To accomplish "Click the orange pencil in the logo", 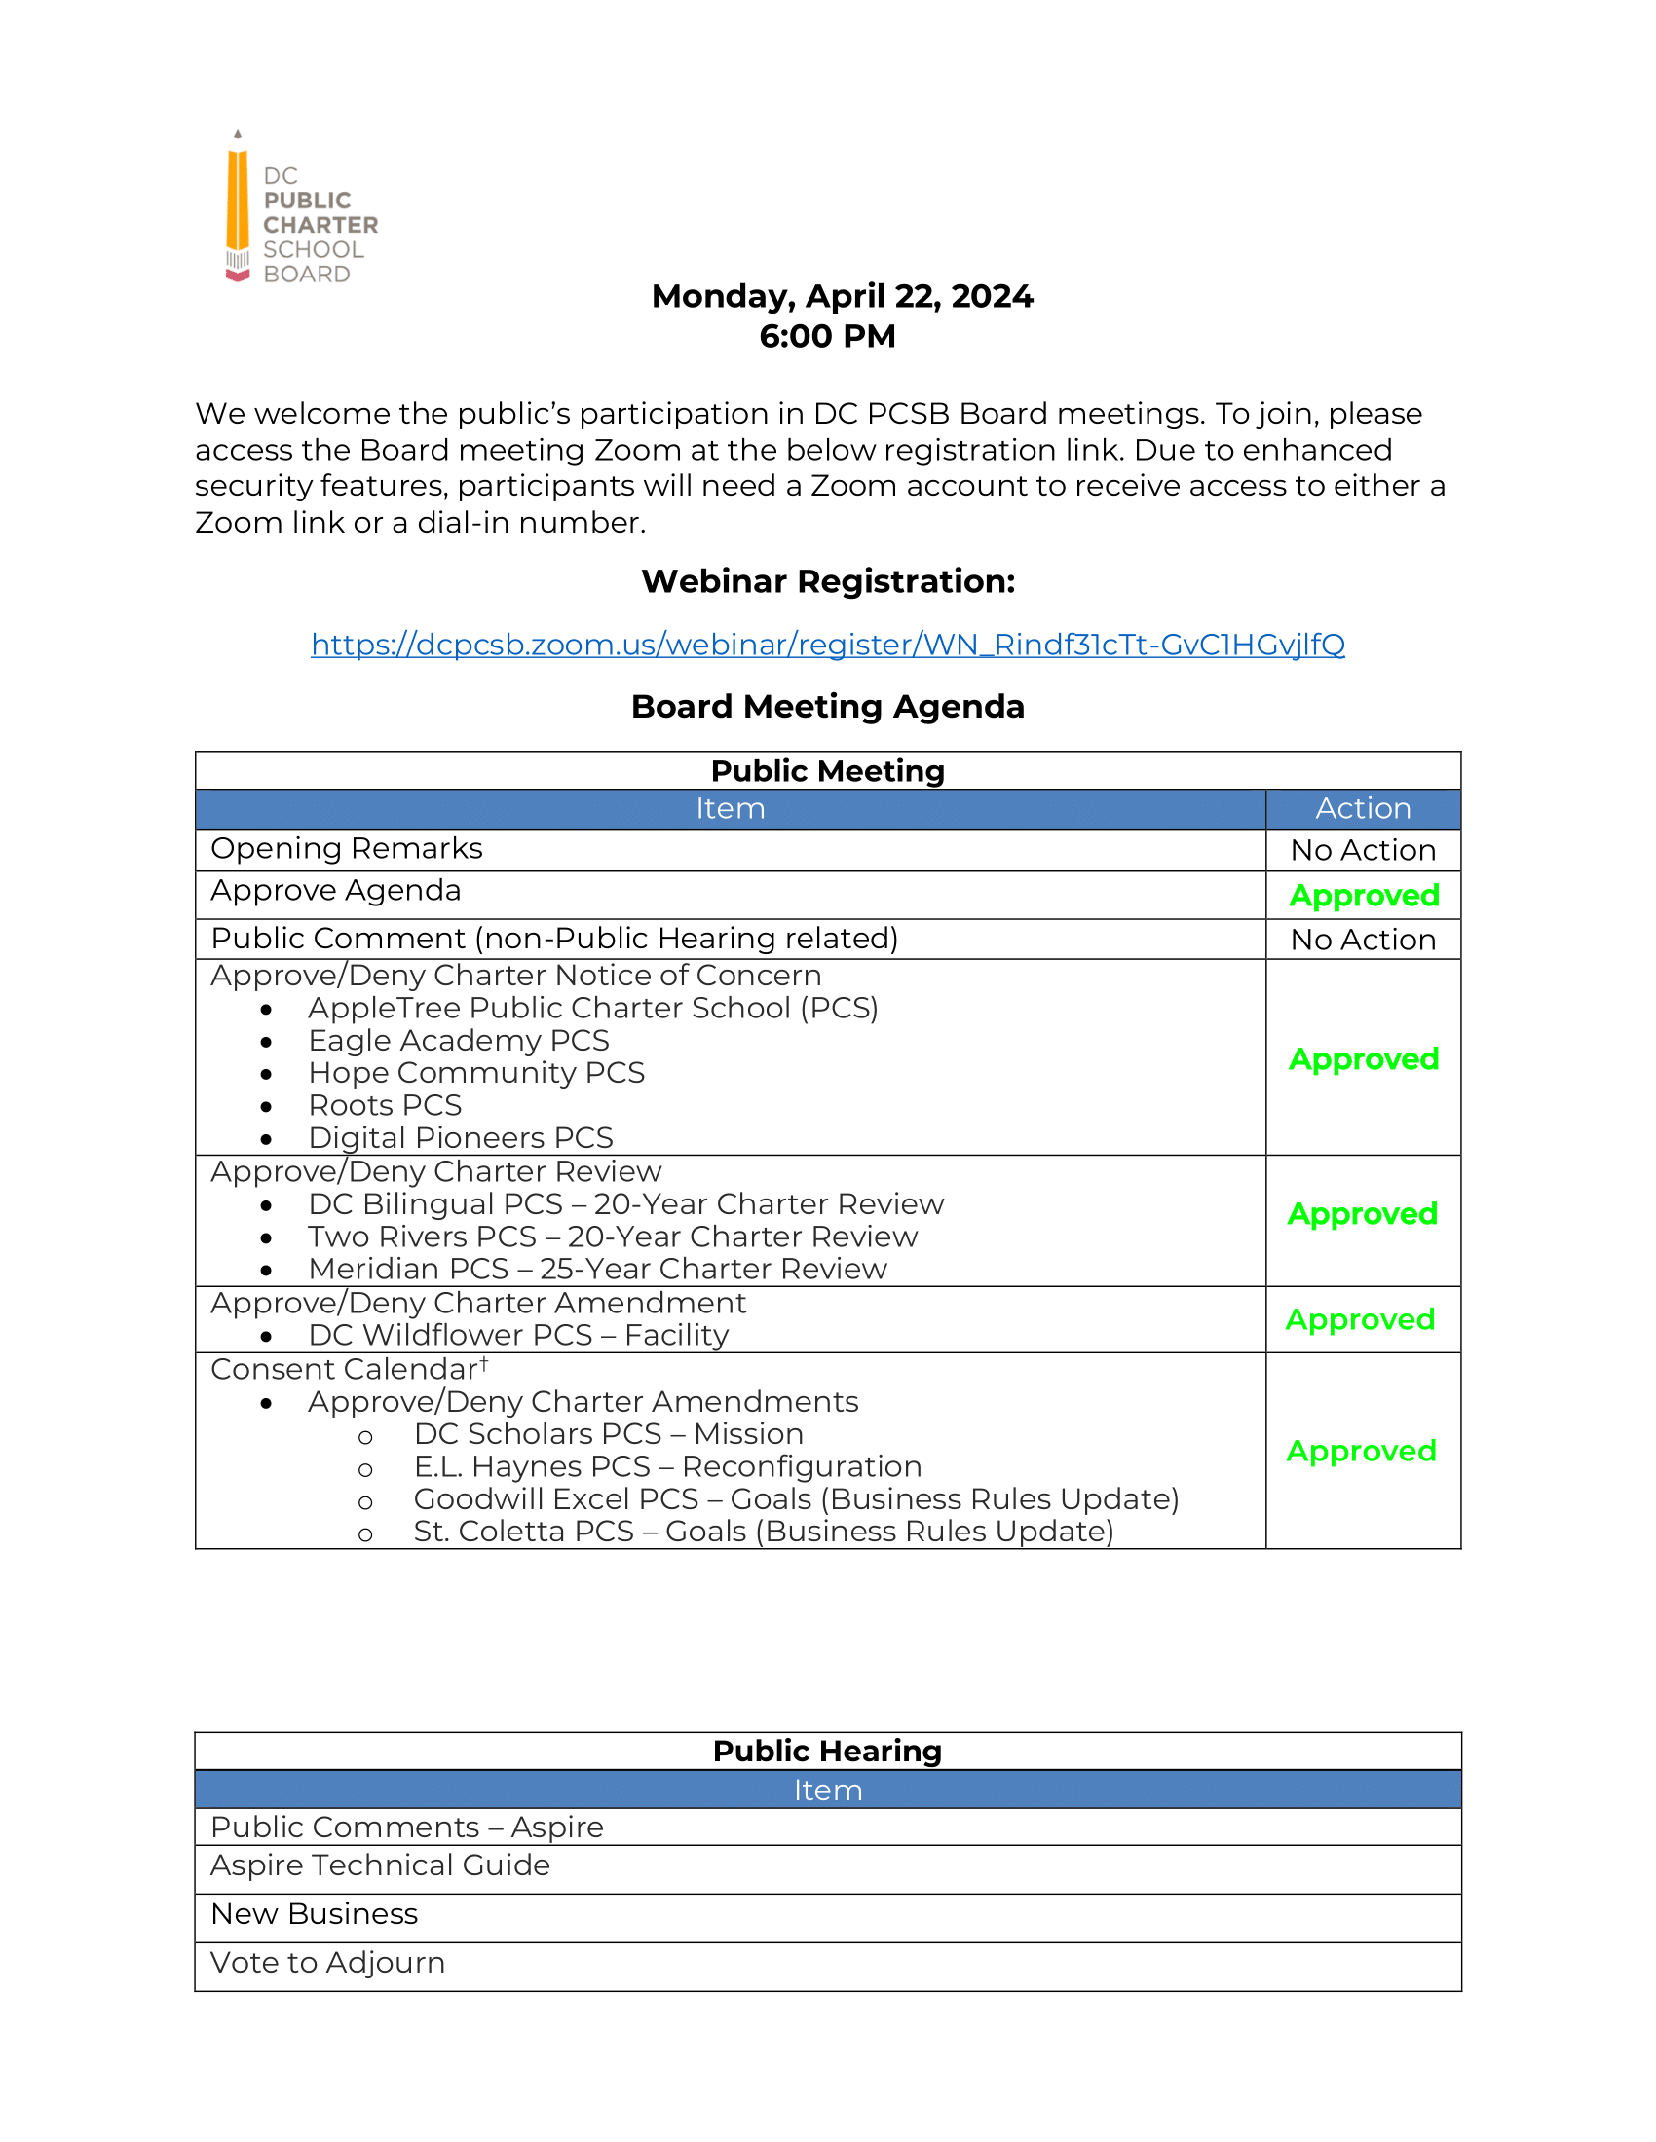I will [238, 202].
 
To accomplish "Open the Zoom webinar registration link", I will [827, 645].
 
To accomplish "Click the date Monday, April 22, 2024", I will [842, 296].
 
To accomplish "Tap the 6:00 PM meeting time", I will [827, 337].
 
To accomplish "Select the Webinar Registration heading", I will [827, 581].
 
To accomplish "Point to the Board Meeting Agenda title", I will [827, 706].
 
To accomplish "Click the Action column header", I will [1363, 809].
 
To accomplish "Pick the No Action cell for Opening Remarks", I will [1363, 850].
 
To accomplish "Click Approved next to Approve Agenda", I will [1364, 896].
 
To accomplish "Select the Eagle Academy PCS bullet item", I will [458, 1041].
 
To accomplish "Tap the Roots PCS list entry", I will [385, 1105].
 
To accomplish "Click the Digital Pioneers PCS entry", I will [460, 1137].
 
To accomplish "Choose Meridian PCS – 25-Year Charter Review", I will [597, 1269].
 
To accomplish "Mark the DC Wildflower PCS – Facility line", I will [518, 1336].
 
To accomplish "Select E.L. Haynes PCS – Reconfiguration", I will [667, 1467].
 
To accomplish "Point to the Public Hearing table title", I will [827, 1751].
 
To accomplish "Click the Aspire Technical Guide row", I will [381, 1865].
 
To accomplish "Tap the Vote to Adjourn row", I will [327, 1963].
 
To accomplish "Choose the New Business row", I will [314, 1914].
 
